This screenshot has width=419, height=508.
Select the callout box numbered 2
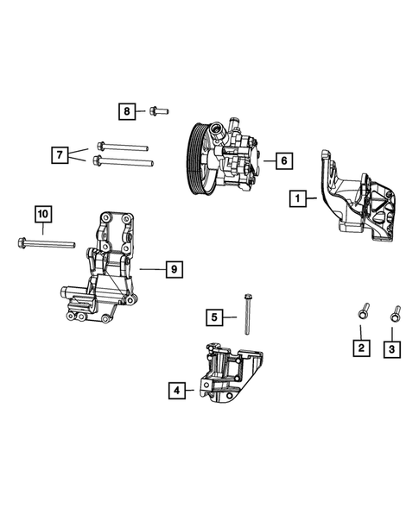tap(361, 348)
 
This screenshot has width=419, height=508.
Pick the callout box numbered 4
tap(177, 391)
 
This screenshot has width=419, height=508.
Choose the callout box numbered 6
tap(283, 160)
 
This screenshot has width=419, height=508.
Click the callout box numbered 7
tap(60, 156)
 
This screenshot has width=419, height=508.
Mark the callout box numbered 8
tap(128, 111)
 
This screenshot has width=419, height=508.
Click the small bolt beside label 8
tap(157, 110)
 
